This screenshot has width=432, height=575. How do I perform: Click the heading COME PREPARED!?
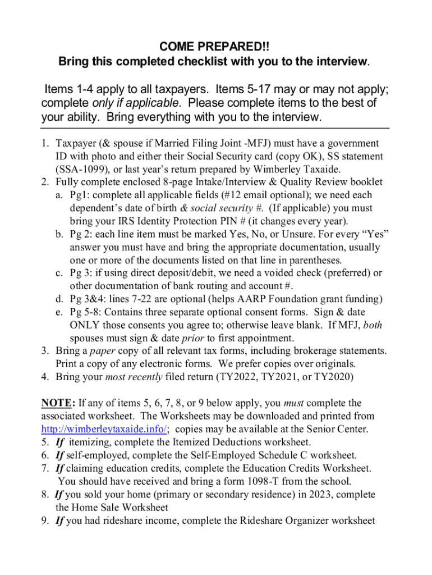pyautogui.click(x=215, y=45)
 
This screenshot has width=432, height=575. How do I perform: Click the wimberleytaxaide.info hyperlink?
pyautogui.click(x=104, y=429)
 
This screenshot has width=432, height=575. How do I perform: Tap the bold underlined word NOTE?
pyautogui.click(x=55, y=403)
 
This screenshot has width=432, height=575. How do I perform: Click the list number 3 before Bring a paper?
pyautogui.click(x=44, y=351)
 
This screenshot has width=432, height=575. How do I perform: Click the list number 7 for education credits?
pyautogui.click(x=44, y=468)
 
